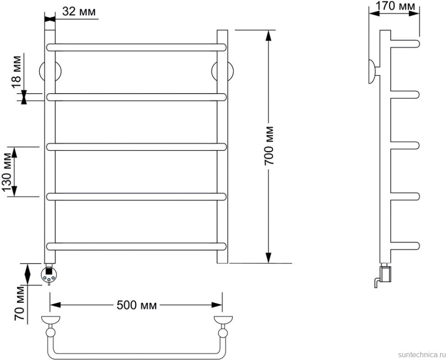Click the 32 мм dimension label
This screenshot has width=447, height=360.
coord(79,12)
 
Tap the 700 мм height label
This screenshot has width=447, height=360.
coord(269,146)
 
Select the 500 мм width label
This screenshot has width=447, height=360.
coord(136,305)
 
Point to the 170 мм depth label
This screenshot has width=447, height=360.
coord(395,6)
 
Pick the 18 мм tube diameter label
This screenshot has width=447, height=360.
coord(16,69)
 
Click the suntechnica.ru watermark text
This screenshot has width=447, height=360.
coord(422,354)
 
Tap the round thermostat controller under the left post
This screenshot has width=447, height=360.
coord(49,275)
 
